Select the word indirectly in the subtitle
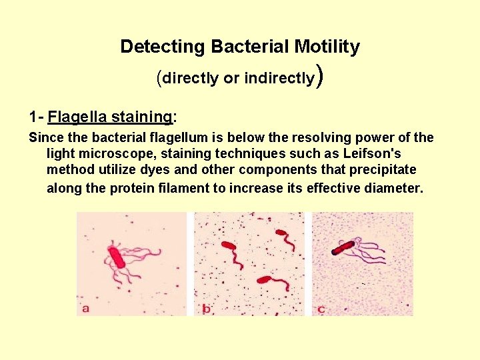point(279,78)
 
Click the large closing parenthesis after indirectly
point(321,76)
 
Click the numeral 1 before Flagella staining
point(33,117)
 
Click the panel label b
point(207,308)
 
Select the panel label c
point(322,308)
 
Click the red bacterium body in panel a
point(118,257)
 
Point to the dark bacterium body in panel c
point(343,248)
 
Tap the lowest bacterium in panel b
point(269,281)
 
